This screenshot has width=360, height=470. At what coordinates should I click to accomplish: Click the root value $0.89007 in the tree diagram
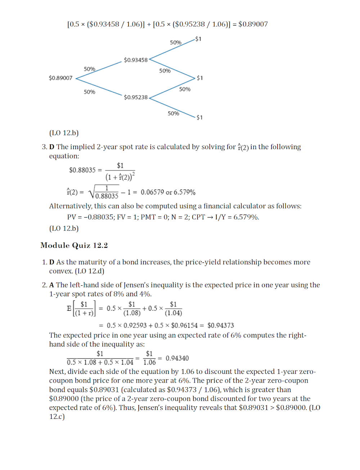(60, 78)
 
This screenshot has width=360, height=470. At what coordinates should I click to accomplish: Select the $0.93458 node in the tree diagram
(136, 60)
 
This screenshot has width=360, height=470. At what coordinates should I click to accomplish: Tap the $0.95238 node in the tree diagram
(136, 97)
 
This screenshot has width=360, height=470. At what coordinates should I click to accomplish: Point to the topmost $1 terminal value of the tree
(198, 39)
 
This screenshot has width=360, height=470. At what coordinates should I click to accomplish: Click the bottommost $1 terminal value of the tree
(199, 117)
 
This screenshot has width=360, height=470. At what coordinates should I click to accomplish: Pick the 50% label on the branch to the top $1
(176, 42)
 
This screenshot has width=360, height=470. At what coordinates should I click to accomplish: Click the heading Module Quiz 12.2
(74, 245)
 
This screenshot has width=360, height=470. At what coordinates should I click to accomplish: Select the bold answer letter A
(51, 285)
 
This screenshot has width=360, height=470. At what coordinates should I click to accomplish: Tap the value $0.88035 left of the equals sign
(82, 170)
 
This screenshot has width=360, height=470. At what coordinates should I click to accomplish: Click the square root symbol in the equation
(91, 192)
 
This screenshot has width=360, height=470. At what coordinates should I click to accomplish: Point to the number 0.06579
(152, 192)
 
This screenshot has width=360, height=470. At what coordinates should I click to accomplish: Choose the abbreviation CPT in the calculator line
(198, 217)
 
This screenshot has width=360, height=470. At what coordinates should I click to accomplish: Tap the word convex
(61, 271)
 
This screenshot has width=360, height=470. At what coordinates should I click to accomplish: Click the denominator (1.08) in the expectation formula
(132, 313)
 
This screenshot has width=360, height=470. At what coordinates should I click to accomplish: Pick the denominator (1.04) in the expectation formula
(173, 313)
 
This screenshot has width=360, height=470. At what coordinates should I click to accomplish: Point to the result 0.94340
(177, 358)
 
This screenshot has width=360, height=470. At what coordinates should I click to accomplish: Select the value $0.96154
(184, 326)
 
